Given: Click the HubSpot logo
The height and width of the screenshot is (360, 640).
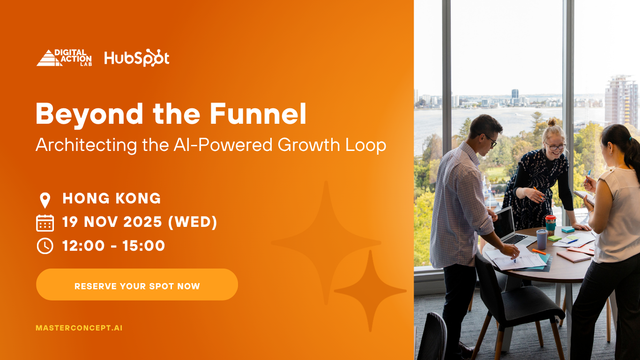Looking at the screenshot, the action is pos(136,58).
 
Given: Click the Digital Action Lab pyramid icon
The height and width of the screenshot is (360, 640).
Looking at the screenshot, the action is pos(49,58).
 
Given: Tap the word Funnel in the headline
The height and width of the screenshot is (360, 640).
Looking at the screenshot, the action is pos(258,114).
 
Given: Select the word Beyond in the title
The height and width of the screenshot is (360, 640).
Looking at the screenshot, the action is pos(89,115).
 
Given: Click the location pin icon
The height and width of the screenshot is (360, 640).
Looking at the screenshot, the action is pos(45,200).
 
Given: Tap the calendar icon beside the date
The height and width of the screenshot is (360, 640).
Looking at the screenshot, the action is pos(45,223).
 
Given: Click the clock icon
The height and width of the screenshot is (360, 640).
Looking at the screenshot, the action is pos(45,246).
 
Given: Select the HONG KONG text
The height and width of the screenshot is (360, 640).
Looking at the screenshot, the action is pos(112,198).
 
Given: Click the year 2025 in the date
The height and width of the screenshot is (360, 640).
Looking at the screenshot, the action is pos(142,222).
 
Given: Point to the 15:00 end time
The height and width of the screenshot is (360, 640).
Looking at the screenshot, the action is pos(143,246).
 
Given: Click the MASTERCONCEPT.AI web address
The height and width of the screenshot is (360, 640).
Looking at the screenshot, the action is pos(79,328).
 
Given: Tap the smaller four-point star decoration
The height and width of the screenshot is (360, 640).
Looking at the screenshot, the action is pos(370,291).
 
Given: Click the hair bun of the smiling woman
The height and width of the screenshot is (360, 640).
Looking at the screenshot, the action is pos(552,122).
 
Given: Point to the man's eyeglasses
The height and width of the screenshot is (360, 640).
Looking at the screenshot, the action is pos(491,140).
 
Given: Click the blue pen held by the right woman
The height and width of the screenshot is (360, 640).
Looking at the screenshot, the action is pos(588,175).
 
